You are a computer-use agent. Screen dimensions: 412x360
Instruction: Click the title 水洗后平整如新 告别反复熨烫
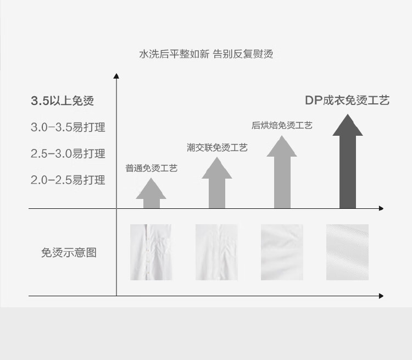click(206, 54)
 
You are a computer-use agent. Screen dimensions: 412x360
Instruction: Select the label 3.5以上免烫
click(62, 101)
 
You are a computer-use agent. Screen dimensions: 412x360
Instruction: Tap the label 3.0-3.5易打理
click(68, 128)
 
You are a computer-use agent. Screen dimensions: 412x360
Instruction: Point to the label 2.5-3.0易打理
click(68, 153)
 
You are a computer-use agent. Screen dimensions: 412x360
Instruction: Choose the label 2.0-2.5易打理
click(68, 180)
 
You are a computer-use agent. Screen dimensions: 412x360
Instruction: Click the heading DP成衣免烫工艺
click(347, 101)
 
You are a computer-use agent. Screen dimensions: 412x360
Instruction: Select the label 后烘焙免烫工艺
click(282, 125)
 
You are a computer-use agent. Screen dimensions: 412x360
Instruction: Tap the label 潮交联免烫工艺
click(217, 147)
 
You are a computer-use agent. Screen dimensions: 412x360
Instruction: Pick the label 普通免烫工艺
click(152, 168)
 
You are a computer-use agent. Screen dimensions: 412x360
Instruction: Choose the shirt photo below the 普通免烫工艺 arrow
click(151, 252)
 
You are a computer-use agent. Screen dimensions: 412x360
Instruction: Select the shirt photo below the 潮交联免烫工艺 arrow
click(216, 252)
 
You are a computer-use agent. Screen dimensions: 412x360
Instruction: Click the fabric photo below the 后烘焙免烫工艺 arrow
click(282, 252)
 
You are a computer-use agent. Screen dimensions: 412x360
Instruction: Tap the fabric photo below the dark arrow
click(347, 252)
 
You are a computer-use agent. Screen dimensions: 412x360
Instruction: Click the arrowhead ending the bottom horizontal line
click(381, 296)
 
